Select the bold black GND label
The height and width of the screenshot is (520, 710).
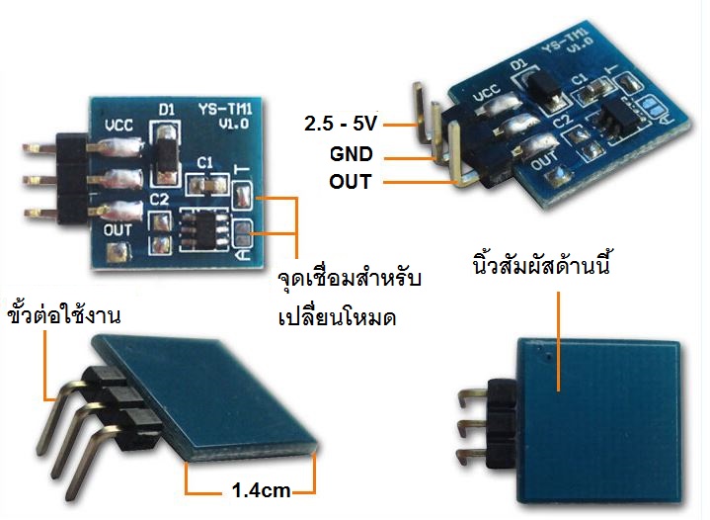pyautogui.click(x=353, y=155)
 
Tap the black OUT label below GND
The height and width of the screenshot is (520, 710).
pyautogui.click(x=352, y=183)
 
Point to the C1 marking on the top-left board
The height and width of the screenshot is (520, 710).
pyautogui.click(x=205, y=161)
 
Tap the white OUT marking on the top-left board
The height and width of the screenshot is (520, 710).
pyautogui.click(x=118, y=229)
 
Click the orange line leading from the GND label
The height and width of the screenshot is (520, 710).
pyautogui.click(x=405, y=156)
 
